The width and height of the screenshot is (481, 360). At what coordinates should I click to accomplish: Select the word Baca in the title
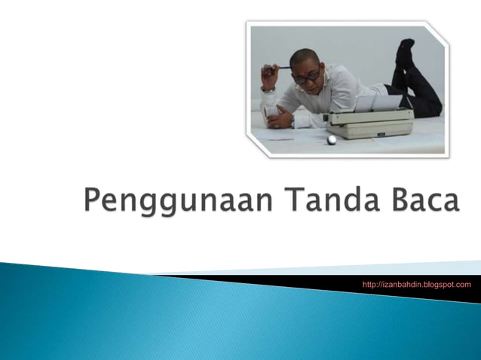coord(423,202)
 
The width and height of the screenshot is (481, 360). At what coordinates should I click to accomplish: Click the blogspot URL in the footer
coord(416,285)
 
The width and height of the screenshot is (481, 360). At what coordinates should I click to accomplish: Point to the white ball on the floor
coord(332,139)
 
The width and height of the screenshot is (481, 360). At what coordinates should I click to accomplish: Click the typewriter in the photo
coord(369,121)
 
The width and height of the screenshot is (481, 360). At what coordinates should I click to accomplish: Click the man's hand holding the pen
coord(268,75)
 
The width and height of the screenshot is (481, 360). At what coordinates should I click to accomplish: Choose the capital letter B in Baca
coord(394,202)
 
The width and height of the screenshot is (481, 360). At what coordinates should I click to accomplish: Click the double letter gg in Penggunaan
coord(150,206)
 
